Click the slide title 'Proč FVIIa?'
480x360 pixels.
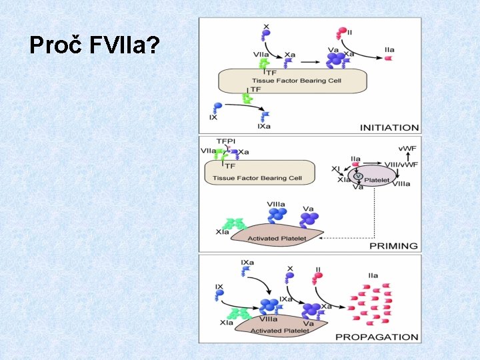(94, 46)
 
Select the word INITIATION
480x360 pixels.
(389, 127)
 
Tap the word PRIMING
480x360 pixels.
(393, 246)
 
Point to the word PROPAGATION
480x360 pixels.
(377, 337)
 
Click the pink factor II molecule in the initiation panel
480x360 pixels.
(343, 31)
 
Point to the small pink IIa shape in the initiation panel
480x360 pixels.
(389, 59)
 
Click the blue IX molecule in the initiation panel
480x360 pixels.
(215, 107)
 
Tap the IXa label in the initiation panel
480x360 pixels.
(264, 127)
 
